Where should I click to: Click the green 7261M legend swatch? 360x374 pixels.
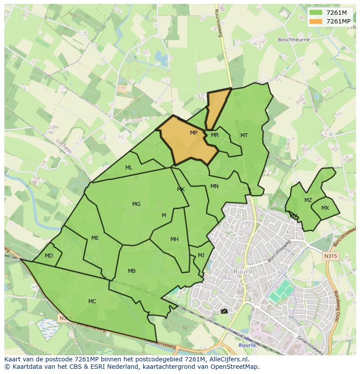click(x=316, y=13)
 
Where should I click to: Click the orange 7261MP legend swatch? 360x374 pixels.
click(x=316, y=21)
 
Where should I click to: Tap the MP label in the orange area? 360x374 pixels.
click(x=193, y=133)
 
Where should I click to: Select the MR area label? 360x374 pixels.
click(x=214, y=135)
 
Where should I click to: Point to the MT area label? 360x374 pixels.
click(x=244, y=136)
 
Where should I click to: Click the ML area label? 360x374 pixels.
click(x=129, y=168)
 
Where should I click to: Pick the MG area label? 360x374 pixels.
click(x=136, y=204)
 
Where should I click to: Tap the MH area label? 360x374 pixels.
click(x=174, y=239)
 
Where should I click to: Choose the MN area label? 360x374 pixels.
click(x=214, y=186)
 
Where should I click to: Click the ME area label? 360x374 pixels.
click(x=95, y=238)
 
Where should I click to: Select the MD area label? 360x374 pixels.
click(x=49, y=256)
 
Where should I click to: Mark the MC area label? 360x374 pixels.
click(x=92, y=301)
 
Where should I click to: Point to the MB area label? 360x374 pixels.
click(x=132, y=271)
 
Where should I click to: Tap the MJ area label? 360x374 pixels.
click(x=201, y=255)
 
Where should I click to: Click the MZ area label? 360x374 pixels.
click(x=308, y=200)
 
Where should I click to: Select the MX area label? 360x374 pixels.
click(x=325, y=208)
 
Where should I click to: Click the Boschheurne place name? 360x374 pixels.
click(x=294, y=40)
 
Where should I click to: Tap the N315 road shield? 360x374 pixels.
click(x=330, y=256)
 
